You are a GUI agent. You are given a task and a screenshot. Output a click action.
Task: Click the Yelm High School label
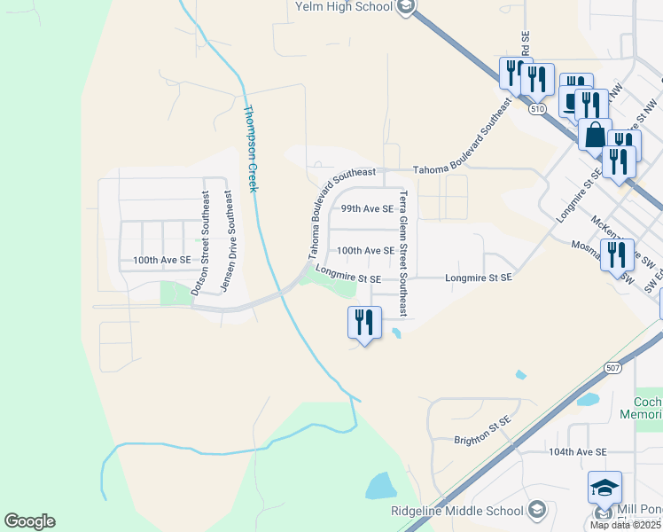(x=343, y=7)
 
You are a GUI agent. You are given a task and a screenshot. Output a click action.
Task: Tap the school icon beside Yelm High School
(x=406, y=7)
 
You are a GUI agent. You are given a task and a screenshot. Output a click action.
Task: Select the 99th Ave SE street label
(x=366, y=209)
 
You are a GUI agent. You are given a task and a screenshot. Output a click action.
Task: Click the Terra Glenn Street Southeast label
(x=402, y=254)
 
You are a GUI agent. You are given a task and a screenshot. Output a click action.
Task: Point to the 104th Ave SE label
(x=577, y=451)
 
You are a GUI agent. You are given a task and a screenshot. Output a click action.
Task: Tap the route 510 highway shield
(x=536, y=108)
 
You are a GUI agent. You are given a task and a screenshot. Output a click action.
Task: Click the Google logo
(x=29, y=521)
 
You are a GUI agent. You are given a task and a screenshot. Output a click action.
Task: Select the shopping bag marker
(x=595, y=135)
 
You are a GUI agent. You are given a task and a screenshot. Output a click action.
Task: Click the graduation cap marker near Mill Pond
(x=604, y=487)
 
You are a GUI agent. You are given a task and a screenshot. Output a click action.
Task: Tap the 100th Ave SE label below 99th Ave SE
(x=365, y=251)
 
